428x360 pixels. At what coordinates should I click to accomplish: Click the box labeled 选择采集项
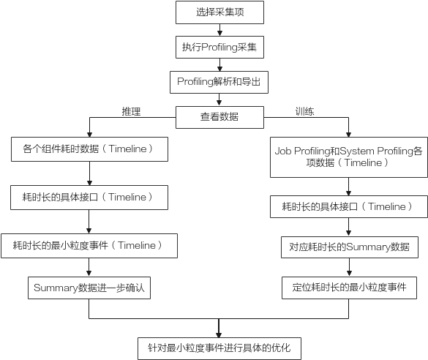click(x=219, y=12)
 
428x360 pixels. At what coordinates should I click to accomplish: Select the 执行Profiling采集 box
click(x=219, y=47)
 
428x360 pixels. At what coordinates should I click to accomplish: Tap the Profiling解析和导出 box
click(x=219, y=82)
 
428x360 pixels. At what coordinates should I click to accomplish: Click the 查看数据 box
click(x=219, y=117)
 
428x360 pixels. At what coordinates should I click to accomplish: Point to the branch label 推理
click(x=131, y=111)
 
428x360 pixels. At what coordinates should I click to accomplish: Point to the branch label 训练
click(x=304, y=111)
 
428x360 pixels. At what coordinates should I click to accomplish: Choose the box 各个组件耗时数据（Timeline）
click(x=89, y=149)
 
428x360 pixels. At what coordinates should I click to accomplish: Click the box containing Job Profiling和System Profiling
click(x=349, y=157)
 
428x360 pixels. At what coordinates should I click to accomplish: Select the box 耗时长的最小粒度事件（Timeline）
click(x=89, y=246)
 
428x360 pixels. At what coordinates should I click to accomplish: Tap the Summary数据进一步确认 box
click(x=89, y=288)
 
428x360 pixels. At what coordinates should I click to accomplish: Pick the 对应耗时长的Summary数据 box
click(x=350, y=247)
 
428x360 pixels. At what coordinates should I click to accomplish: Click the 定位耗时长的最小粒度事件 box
click(x=350, y=288)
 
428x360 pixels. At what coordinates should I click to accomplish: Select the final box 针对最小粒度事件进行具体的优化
click(x=219, y=348)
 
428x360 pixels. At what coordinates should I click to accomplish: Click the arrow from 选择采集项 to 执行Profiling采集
click(x=219, y=30)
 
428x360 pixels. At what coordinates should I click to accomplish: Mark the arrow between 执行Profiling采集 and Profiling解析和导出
click(x=219, y=65)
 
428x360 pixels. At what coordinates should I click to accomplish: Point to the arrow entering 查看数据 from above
click(x=219, y=100)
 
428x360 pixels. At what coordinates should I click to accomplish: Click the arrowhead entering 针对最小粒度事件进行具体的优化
click(x=219, y=335)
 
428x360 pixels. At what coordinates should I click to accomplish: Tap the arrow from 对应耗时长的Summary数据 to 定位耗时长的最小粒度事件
click(x=349, y=268)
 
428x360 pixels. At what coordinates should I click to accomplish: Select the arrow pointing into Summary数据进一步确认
click(x=89, y=268)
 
